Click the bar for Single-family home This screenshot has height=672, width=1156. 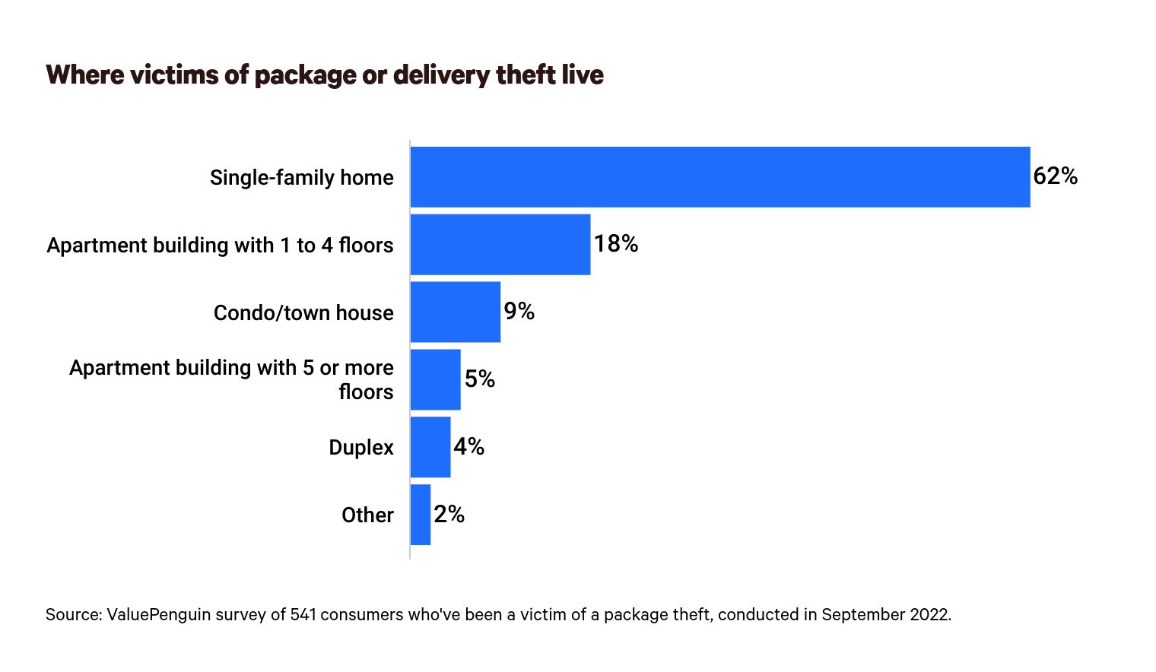(x=719, y=177)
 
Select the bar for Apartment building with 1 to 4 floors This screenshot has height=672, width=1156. (x=500, y=244)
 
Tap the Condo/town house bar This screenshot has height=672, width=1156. (x=456, y=312)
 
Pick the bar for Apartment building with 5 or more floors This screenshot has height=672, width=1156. (x=436, y=379)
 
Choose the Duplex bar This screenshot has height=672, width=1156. (x=430, y=447)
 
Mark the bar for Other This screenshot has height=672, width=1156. (x=421, y=515)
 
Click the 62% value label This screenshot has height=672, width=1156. (x=1055, y=176)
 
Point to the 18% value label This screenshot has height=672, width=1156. (x=615, y=244)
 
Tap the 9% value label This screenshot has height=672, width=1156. (x=519, y=312)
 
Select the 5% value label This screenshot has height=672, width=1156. (x=479, y=379)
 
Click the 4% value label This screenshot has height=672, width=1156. (x=468, y=447)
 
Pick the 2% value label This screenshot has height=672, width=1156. (x=449, y=515)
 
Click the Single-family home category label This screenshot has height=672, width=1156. (x=302, y=178)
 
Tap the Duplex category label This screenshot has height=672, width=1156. (x=361, y=448)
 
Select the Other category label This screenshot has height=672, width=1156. (x=367, y=515)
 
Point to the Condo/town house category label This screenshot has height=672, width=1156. (x=303, y=313)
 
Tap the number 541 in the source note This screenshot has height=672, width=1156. (x=303, y=614)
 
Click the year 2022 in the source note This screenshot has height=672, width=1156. (x=930, y=614)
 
